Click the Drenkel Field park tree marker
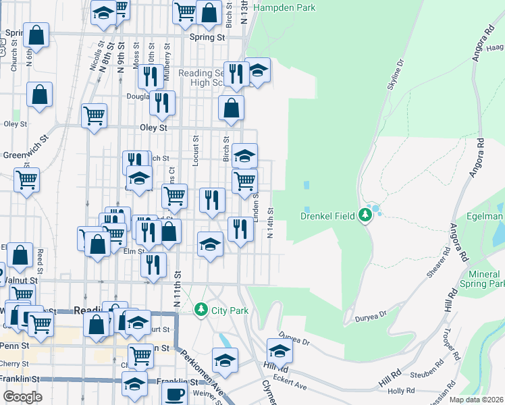pyautogui.click(x=365, y=215)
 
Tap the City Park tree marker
pyautogui.click(x=201, y=310)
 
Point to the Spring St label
pyautogui.click(x=207, y=38)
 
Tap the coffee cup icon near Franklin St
pyautogui.click(x=176, y=394)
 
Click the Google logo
pyautogui.click(x=22, y=397)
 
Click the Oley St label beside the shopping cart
pyautogui.click(x=153, y=127)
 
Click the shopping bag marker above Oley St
pyautogui.click(x=231, y=107)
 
